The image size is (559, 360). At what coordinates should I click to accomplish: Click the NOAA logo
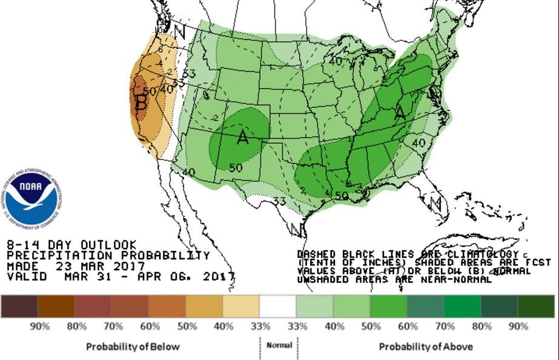coord(33,198)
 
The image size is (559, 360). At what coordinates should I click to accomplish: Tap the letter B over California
coord(141,102)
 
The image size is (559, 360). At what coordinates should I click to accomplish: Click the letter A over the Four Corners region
coord(243,138)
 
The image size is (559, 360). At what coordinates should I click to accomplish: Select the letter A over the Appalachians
coord(400,113)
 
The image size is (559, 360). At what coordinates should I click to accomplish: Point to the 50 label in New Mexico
coord(236,168)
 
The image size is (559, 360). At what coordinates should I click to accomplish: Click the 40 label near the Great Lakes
coord(335,61)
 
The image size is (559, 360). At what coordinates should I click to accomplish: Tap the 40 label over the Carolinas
coord(418,143)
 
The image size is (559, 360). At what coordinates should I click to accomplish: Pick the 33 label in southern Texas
coord(279,201)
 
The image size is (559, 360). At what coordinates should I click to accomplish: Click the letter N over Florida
coord(435,203)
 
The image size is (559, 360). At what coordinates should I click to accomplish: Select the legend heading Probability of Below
coord(133,347)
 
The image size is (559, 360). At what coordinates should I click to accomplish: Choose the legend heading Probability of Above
coord(426,347)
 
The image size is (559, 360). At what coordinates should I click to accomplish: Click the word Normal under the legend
coord(279,345)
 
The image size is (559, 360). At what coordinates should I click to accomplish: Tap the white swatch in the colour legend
coord(278,306)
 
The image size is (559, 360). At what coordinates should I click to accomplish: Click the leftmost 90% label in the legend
coord(39,326)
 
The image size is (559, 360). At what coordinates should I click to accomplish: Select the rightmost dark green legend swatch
coord(536,306)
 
